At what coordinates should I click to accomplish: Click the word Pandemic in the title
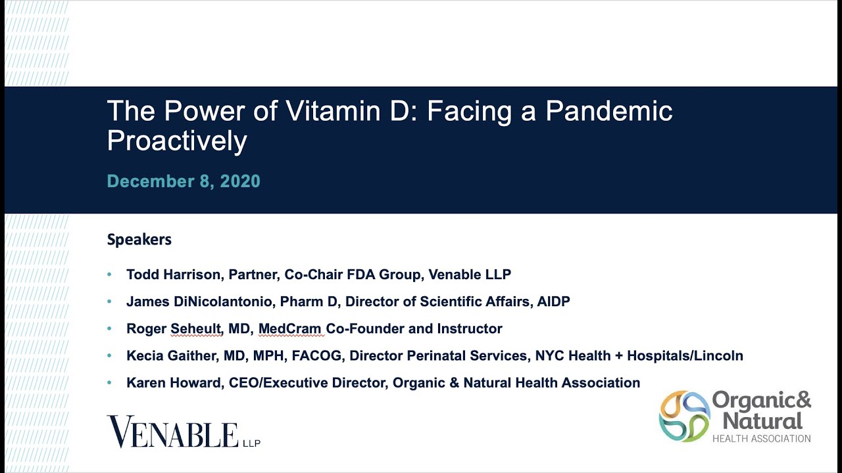608,111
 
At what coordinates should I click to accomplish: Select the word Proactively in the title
177,141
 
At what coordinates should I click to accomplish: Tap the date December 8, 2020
184,181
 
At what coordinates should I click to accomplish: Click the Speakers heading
139,240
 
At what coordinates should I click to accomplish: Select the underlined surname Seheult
195,329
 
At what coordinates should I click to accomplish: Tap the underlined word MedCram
290,329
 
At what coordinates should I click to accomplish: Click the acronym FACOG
316,355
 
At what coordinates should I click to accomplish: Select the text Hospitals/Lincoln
685,355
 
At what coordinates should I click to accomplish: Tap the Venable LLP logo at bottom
184,432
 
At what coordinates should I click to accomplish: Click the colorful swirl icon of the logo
684,416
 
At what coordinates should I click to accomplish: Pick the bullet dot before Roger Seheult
109,328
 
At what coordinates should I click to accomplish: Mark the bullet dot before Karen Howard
109,382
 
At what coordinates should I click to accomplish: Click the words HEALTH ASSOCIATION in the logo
762,438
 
